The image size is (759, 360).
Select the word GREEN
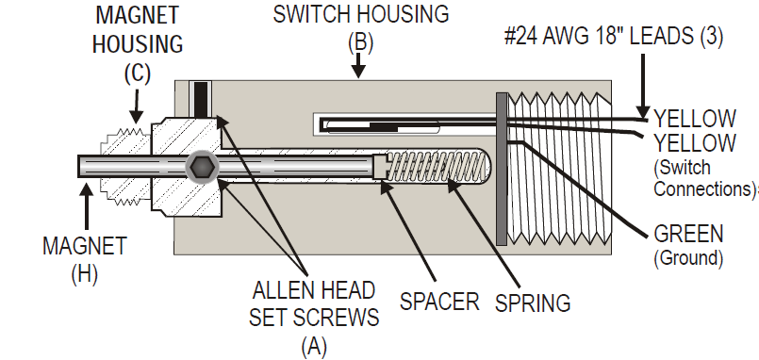[688, 232]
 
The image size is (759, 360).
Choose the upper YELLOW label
[695, 119]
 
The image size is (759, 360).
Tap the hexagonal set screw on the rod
[201, 168]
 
